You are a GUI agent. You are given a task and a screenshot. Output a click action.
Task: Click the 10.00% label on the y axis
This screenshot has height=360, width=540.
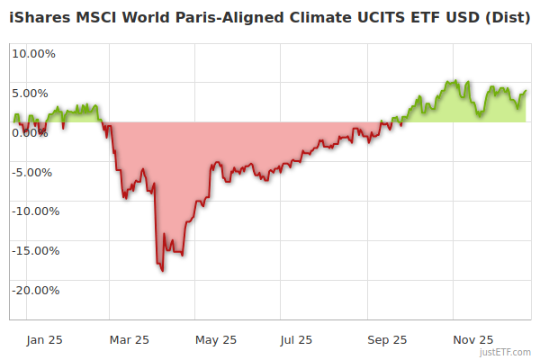34,53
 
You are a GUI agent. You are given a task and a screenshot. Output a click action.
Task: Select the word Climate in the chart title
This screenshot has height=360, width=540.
328,16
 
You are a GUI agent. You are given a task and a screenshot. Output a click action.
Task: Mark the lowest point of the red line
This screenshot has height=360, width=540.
162,270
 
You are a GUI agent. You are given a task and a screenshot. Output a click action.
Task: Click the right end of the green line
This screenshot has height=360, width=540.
526,90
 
